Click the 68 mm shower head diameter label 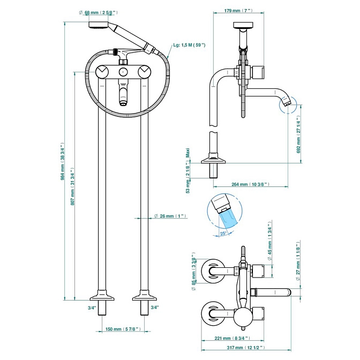click(x=99, y=13)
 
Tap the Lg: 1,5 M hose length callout click(x=189, y=45)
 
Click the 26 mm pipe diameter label click(x=170, y=216)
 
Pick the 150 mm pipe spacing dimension click(x=123, y=329)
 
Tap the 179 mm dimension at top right click(x=238, y=11)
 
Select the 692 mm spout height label click(x=298, y=134)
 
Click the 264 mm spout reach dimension click(x=250, y=184)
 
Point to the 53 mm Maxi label click(x=188, y=171)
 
